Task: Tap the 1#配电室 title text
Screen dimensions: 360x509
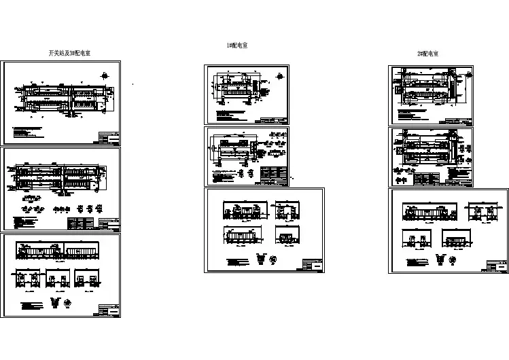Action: click(x=236, y=46)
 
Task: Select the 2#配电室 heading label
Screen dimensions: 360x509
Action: click(x=427, y=53)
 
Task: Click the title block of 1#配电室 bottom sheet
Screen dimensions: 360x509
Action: click(x=313, y=266)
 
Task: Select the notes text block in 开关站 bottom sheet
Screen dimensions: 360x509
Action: click(x=33, y=306)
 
